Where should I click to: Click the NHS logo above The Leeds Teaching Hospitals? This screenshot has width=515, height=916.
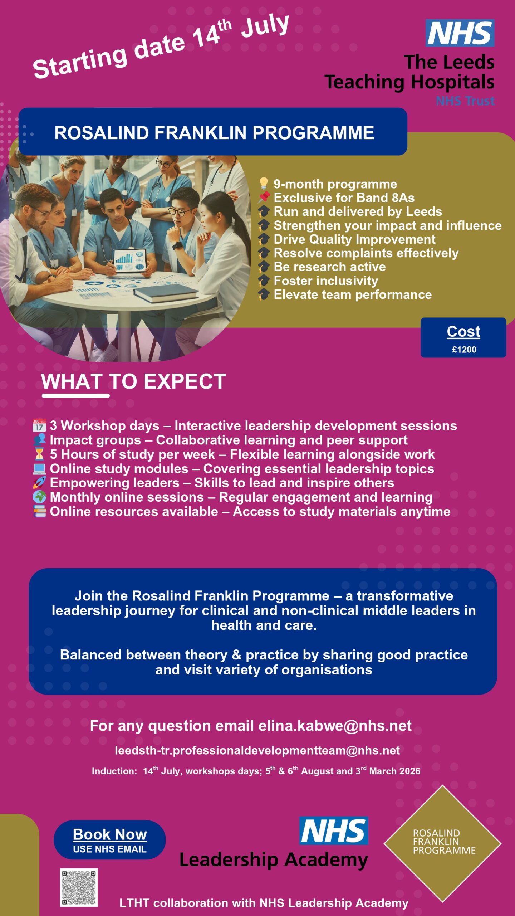click(460, 33)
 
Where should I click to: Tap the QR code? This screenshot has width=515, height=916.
click(79, 887)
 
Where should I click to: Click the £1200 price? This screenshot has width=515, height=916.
click(464, 350)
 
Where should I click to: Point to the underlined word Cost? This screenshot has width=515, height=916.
click(463, 332)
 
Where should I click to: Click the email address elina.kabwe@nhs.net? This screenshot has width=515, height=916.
click(335, 726)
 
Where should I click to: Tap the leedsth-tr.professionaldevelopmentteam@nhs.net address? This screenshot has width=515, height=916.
click(257, 750)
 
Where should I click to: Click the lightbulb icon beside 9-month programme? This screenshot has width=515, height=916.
click(264, 184)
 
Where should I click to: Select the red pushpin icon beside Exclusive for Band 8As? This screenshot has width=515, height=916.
click(264, 197)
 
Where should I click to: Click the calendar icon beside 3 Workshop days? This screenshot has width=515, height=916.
click(39, 425)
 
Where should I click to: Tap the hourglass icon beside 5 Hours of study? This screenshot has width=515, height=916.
click(39, 454)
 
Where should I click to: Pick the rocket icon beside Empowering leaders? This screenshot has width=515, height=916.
click(39, 483)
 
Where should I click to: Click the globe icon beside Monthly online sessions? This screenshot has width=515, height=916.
click(39, 497)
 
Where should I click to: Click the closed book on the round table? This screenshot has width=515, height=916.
click(166, 293)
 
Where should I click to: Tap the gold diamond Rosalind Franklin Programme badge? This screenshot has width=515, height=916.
click(443, 843)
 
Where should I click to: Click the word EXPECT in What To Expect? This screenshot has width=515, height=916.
click(185, 381)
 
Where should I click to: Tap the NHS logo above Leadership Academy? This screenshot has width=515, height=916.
click(333, 830)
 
